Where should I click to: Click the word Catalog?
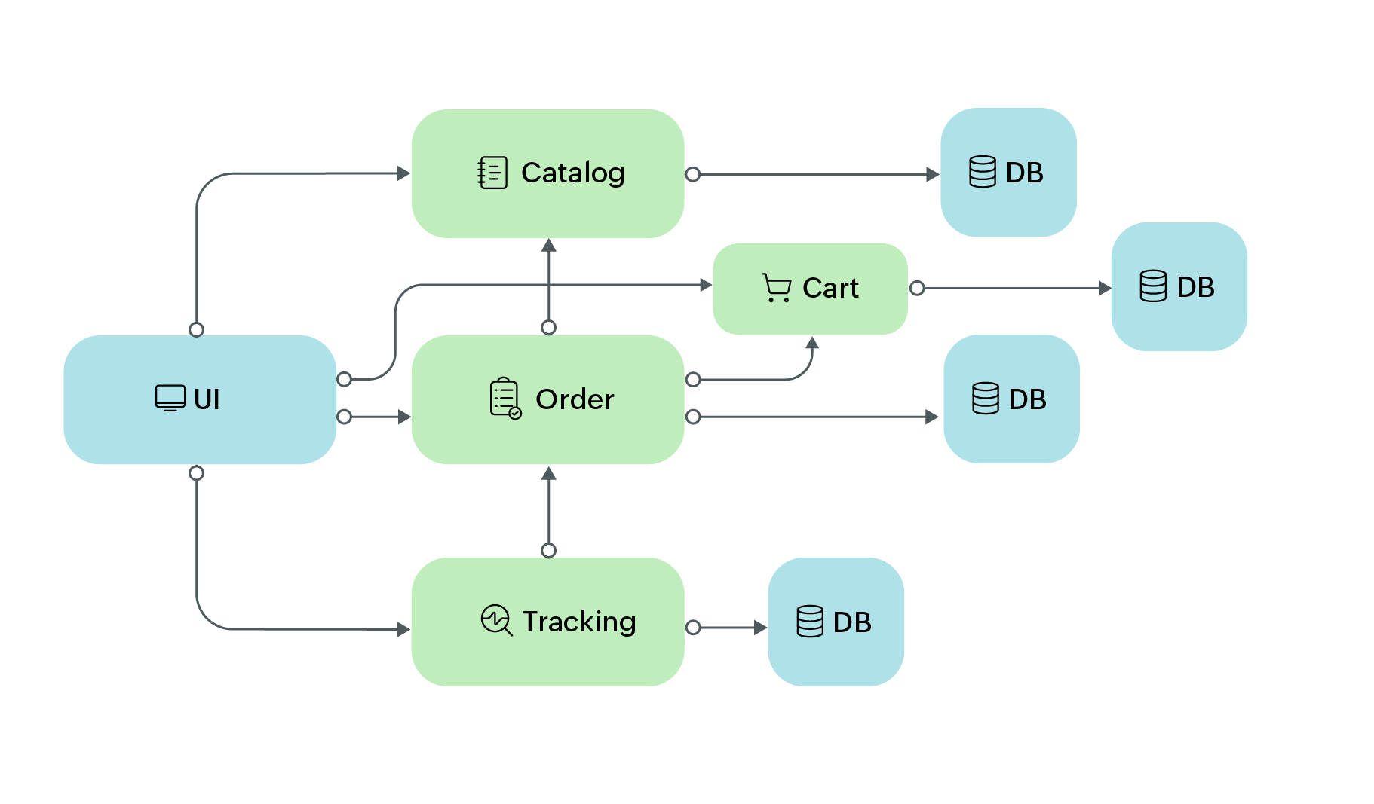[572, 173]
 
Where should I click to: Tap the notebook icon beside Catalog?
[492, 173]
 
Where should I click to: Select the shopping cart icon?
[776, 288]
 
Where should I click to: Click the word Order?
[575, 399]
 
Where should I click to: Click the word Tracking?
[578, 622]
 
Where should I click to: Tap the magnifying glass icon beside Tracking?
[496, 620]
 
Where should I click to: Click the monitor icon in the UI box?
[170, 398]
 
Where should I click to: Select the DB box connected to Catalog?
[1008, 173]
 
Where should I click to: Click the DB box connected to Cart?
[1179, 286]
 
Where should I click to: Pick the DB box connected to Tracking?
[836, 622]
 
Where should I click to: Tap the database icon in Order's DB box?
[986, 399]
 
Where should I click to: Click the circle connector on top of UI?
[197, 329]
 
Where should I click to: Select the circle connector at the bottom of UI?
[197, 473]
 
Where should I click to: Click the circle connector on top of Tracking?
[549, 550]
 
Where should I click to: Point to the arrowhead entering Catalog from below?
[549, 246]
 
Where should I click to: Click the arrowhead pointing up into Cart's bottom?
[812, 343]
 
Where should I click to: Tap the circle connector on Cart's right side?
[917, 288]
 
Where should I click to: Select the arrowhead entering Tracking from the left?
[403, 629]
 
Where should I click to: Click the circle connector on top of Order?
[549, 327]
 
